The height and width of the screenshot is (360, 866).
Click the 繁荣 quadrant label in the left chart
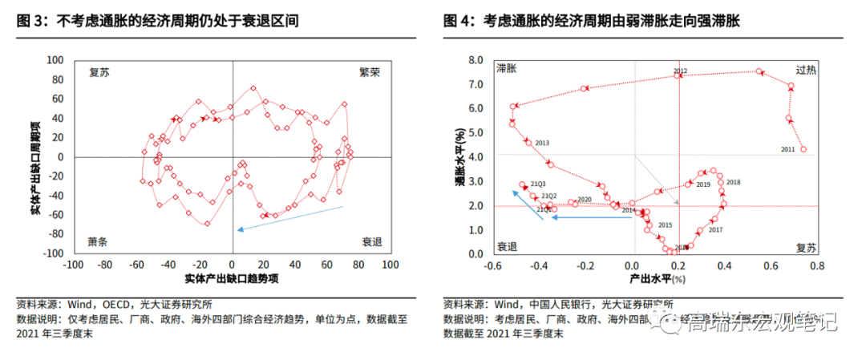(370, 72)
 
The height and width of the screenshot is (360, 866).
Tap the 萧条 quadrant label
(98, 241)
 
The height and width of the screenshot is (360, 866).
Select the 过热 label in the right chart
(806, 69)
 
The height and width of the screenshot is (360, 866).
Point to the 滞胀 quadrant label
(506, 69)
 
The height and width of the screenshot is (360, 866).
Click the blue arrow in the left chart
(290, 218)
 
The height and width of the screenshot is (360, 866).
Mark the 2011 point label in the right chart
(788, 149)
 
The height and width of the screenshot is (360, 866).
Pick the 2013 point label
(542, 143)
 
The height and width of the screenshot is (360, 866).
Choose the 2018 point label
(733, 183)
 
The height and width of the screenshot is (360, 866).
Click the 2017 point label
(715, 230)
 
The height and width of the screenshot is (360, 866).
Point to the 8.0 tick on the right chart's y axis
(475, 60)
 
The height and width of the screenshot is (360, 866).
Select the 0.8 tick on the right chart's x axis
(816, 265)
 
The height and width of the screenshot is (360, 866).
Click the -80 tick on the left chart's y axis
(56, 234)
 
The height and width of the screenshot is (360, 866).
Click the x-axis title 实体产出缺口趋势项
(233, 277)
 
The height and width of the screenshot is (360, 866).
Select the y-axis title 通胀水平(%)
(459, 157)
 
